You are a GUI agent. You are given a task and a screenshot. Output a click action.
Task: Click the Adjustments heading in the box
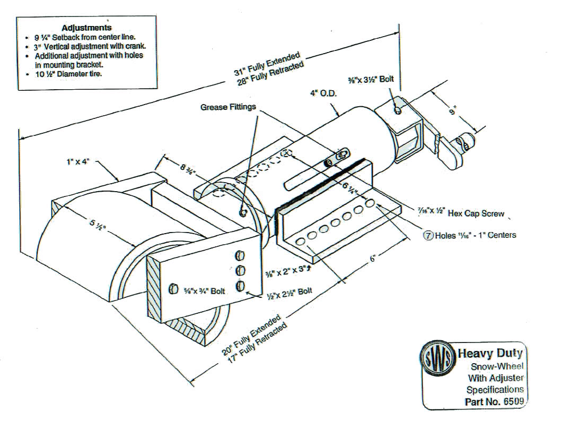coord(86,28)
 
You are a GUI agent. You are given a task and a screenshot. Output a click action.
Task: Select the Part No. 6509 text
coord(495,401)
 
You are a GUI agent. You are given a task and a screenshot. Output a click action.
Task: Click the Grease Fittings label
coord(229,107)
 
